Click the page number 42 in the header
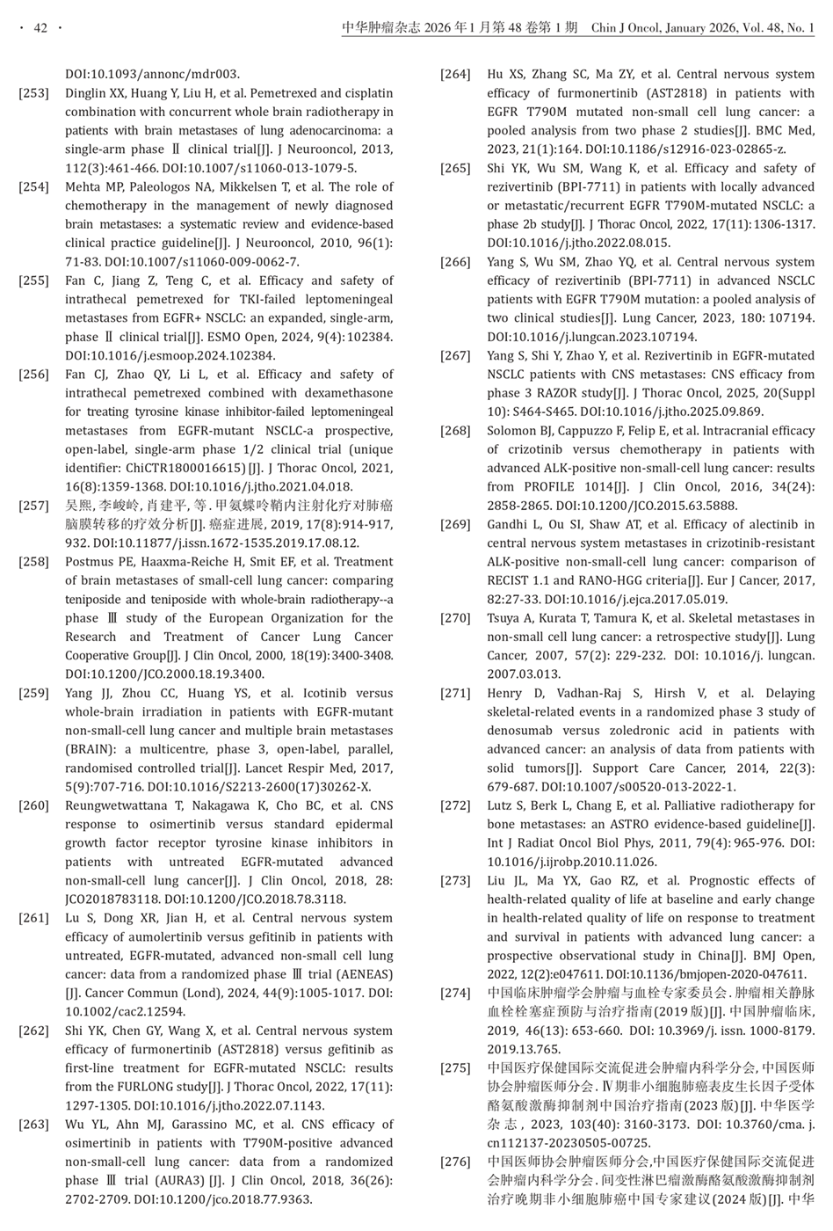(40, 29)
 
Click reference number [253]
(33, 93)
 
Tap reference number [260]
(33, 805)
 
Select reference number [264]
(455, 75)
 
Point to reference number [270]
(455, 618)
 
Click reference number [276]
(455, 1162)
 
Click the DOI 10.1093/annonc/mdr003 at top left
(153, 75)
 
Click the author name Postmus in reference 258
(91, 562)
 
